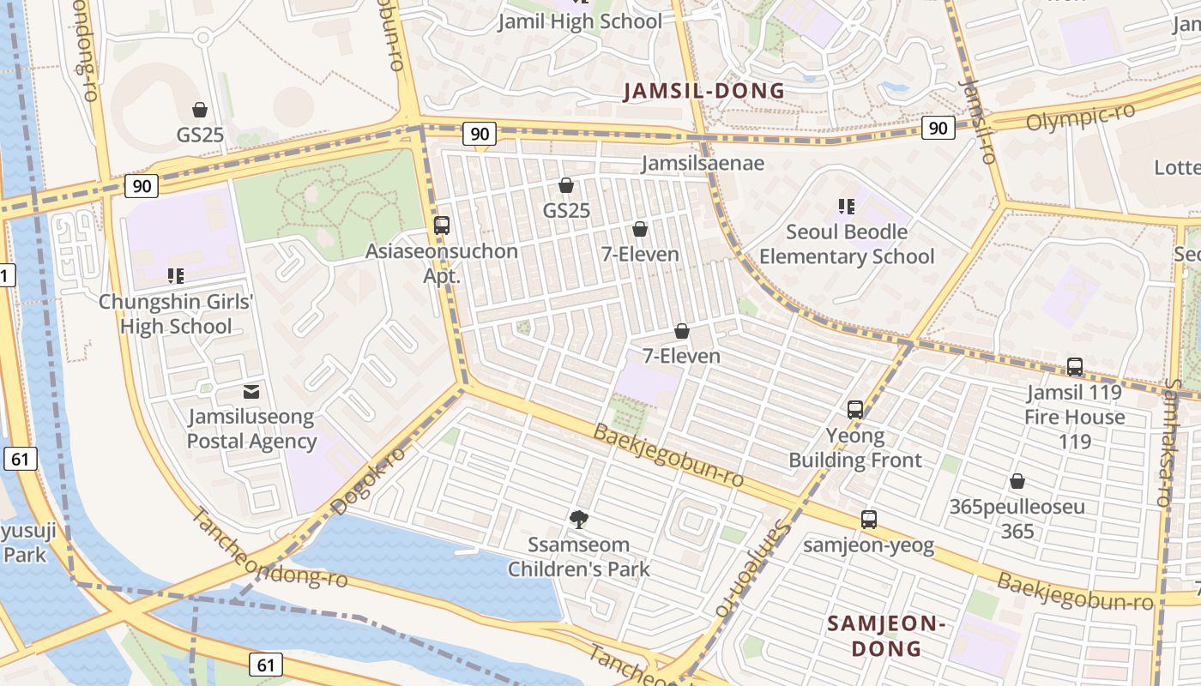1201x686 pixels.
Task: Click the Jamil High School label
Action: coord(581,22)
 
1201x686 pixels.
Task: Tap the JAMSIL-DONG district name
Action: coord(703,91)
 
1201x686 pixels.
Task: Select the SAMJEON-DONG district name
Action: coord(886,636)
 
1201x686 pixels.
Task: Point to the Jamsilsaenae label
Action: coord(703,163)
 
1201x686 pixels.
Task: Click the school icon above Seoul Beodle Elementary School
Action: coord(847,207)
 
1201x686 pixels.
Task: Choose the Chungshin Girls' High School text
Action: coord(176,314)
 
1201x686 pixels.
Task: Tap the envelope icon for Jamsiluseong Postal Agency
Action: coord(251,392)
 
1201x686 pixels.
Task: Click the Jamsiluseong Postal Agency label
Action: coord(251,430)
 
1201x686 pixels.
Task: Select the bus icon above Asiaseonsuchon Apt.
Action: coord(442,226)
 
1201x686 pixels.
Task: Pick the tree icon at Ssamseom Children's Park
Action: coord(579,519)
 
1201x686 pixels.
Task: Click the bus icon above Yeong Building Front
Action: coord(855,410)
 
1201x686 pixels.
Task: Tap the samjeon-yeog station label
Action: coord(869,545)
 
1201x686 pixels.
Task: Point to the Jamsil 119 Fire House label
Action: coord(1075,405)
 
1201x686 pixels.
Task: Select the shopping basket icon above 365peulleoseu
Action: coord(1017,481)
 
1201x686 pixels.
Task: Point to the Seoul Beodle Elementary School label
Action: coord(847,244)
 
